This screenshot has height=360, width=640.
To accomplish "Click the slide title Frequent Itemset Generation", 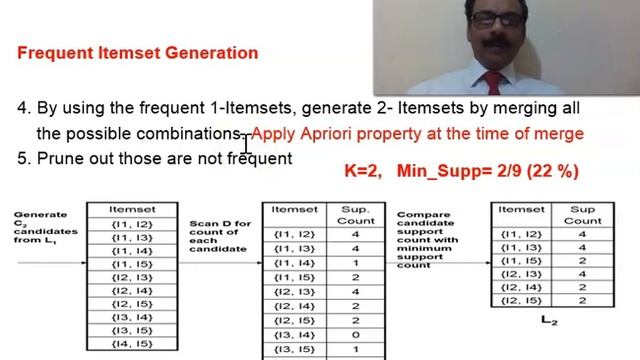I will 137,53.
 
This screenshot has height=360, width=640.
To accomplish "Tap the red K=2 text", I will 363,172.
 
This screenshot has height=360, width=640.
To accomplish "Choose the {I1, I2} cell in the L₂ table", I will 520,233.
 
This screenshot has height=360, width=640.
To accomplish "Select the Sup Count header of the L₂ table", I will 582,214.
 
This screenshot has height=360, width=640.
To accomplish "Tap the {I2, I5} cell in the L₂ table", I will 520,300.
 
